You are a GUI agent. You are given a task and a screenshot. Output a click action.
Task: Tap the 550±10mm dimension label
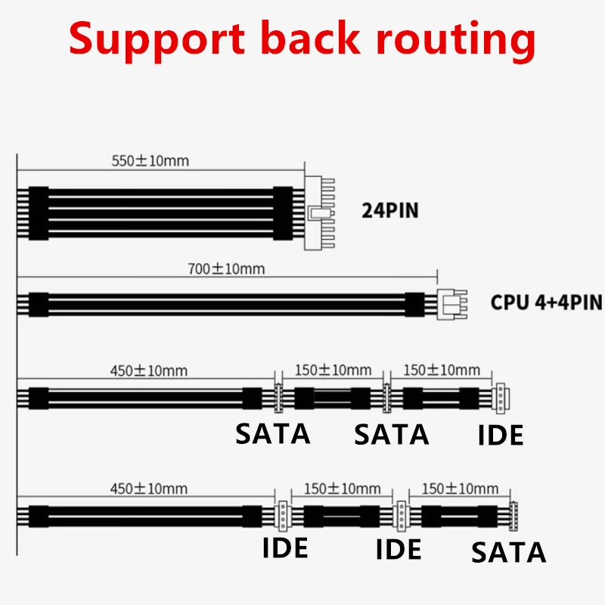pos(150,161)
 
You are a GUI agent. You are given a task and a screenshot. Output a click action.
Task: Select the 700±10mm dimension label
pos(226,269)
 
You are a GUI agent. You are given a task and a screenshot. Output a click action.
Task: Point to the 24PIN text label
pos(389,211)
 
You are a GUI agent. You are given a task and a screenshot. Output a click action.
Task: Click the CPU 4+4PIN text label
pos(546,302)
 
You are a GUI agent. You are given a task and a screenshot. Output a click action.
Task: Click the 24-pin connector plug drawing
pos(319,213)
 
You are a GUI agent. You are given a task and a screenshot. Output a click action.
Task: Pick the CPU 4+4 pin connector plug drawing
pos(451,304)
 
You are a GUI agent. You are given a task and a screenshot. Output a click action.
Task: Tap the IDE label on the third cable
pos(501,435)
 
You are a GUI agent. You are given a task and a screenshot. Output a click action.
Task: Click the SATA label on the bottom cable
pos(508,553)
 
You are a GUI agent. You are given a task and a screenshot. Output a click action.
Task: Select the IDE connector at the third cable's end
pos(501,399)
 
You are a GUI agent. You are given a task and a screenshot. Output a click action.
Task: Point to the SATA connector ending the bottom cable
pos(513,516)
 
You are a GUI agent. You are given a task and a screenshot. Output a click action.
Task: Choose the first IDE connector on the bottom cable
pos(283,516)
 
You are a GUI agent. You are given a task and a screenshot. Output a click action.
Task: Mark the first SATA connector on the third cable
pos(278,399)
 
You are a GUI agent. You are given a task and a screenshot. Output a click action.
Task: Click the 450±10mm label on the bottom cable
pos(148,489)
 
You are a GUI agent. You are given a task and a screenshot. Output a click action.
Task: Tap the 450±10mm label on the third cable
pos(148,371)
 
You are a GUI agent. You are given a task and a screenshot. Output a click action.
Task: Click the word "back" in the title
pos(311,38)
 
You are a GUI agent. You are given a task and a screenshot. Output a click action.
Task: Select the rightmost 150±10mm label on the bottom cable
pos(460,489)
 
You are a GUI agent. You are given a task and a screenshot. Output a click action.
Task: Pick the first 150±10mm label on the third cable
pos(333,370)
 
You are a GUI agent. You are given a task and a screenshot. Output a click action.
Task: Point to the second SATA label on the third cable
pos(391,434)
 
